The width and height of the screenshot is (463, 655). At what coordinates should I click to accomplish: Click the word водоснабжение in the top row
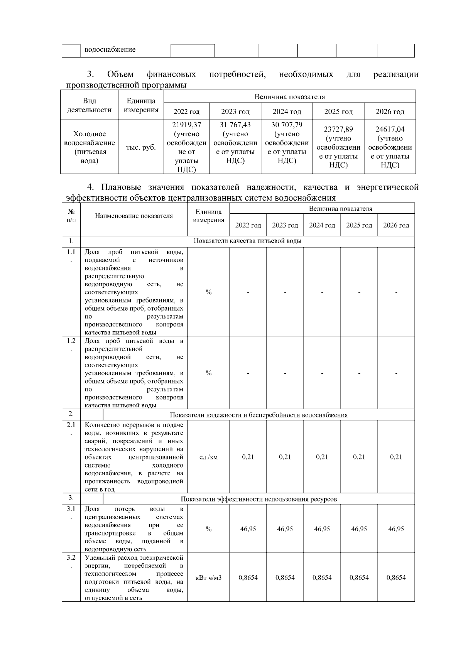click(110, 50)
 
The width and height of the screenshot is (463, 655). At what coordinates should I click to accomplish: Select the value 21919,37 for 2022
click(186, 125)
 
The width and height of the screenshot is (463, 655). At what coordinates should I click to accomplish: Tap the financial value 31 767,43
click(235, 125)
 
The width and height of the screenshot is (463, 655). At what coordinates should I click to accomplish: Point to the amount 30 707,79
click(287, 125)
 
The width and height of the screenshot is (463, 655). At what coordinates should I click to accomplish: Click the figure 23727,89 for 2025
click(338, 129)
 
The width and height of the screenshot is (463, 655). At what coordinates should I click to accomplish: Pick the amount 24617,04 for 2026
click(390, 129)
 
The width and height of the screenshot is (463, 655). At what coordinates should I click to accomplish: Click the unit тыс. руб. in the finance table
click(141, 147)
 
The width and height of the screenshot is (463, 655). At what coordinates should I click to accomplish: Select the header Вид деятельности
click(89, 105)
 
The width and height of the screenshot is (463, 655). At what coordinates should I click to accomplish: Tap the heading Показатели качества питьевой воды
click(247, 241)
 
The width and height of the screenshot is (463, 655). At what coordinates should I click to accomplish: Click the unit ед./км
click(208, 457)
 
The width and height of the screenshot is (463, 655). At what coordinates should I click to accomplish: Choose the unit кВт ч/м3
click(208, 578)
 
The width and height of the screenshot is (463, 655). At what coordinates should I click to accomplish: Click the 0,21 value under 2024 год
click(322, 457)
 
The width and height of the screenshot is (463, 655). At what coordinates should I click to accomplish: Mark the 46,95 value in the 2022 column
click(248, 529)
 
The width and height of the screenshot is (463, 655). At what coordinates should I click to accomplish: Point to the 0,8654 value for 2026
click(396, 578)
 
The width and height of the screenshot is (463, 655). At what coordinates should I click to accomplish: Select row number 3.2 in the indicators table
click(71, 558)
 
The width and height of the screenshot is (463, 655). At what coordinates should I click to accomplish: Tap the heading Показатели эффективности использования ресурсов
click(259, 499)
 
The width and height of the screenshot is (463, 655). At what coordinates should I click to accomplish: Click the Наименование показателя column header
click(134, 216)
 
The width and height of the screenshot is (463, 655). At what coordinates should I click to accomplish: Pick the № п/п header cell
click(71, 216)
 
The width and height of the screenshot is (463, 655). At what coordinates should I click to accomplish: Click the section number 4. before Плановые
click(91, 188)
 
